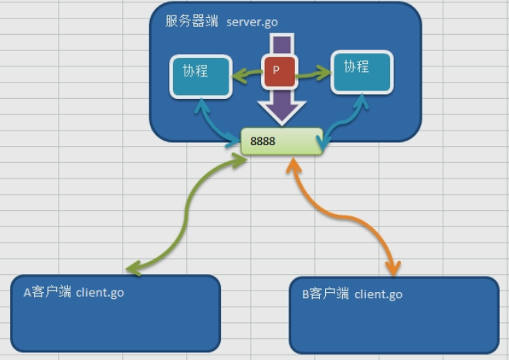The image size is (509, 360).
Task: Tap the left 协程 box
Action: pos(201,76)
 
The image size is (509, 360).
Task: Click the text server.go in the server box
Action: pos(252,21)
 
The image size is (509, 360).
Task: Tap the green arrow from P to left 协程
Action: pos(247,75)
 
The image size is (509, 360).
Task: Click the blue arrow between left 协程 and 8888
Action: pos(215,124)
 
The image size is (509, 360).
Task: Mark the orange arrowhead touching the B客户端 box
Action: pos(394,270)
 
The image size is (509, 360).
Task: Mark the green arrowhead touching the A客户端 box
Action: pos(133,269)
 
